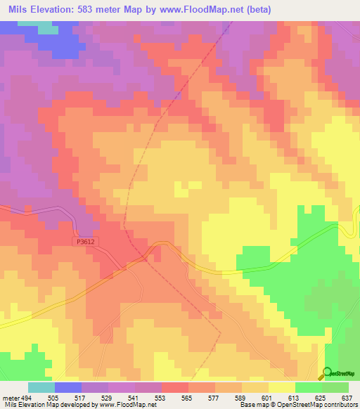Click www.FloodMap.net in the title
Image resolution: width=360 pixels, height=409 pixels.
click(217, 9)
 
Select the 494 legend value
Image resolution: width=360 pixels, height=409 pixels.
click(25, 396)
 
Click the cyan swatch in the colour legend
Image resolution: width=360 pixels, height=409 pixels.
click(41, 387)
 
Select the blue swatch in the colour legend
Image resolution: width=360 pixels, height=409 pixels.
click(68, 387)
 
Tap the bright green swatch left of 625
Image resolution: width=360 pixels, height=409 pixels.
click(309, 387)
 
